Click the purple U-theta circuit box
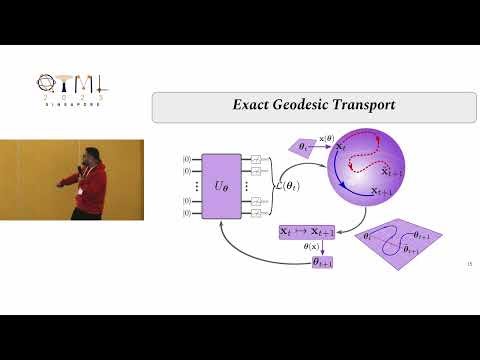click(x=222, y=186)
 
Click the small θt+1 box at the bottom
click(x=323, y=261)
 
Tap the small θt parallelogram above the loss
click(x=305, y=147)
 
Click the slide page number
click(x=469, y=264)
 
